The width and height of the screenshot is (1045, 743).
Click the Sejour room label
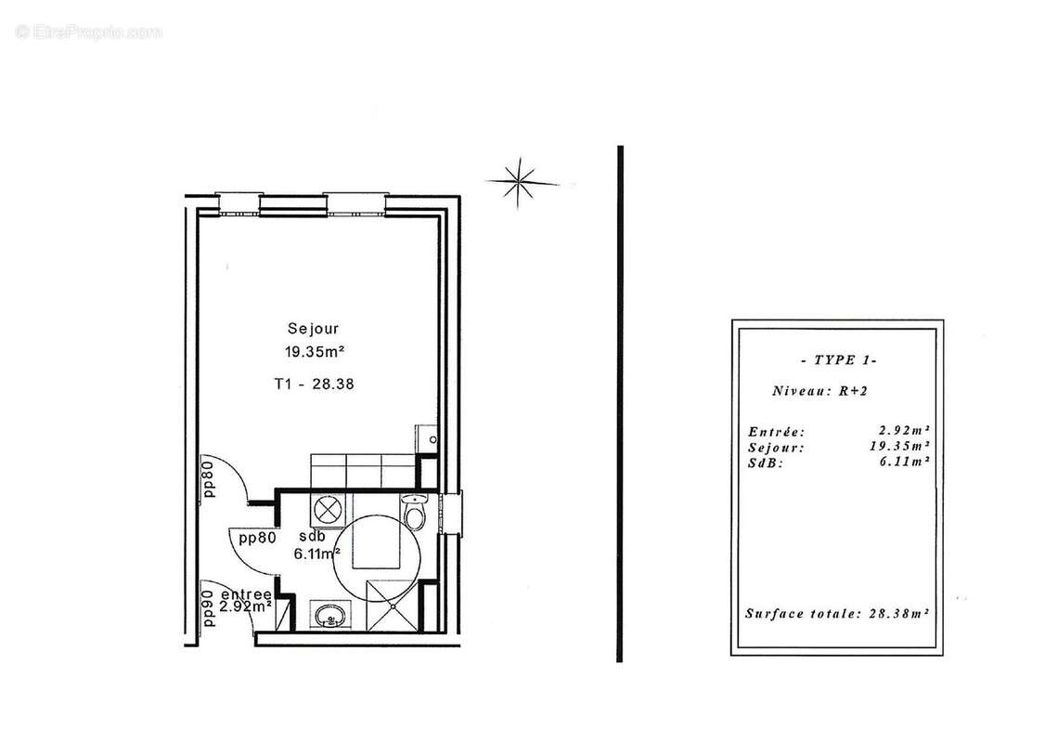[x=312, y=328]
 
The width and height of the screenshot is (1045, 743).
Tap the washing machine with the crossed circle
[x=326, y=510]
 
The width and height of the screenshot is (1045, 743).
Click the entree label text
[x=247, y=594]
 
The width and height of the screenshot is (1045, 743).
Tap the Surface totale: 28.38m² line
[x=837, y=613]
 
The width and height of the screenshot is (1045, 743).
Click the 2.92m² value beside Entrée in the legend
[x=904, y=431]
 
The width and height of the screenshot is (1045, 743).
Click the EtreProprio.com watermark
[x=89, y=32]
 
